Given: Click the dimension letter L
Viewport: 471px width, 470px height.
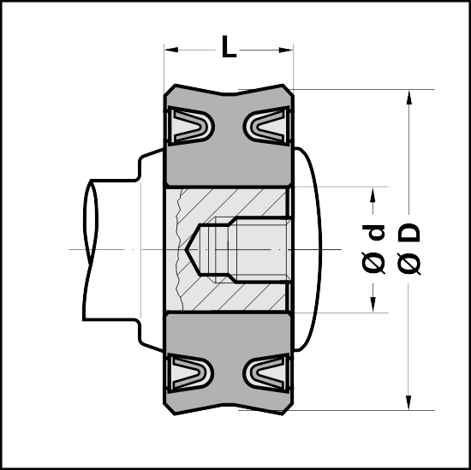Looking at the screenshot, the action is tap(229, 46).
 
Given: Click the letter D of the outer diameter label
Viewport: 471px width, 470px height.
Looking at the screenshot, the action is tap(408, 233).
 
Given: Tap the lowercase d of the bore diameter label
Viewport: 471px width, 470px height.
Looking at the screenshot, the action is tap(373, 233).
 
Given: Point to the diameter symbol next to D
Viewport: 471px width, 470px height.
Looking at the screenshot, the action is tap(408, 264).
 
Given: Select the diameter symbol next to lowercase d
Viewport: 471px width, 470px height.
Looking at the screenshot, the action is tap(373, 263).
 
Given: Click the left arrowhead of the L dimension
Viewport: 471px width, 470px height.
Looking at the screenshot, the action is tap(171, 50).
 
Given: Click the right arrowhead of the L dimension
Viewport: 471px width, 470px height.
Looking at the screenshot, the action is tap(286, 50).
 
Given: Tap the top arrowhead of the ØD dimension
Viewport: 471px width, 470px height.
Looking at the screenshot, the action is tap(408, 97).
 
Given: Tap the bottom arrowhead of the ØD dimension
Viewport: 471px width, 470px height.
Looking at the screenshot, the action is tap(408, 402).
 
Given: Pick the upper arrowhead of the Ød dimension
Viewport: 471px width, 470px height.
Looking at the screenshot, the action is tap(373, 194).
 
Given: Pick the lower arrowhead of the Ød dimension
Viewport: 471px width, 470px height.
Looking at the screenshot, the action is tap(373, 305).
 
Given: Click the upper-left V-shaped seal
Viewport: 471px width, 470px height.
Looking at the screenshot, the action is tap(190, 126).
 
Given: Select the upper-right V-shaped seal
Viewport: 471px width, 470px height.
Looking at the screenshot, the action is tap(266, 126).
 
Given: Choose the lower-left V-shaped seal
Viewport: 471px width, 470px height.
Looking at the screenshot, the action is tap(190, 372).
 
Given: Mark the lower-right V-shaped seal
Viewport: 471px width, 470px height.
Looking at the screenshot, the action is tap(266, 372).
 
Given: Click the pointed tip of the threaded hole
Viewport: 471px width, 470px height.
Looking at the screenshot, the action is tap(185, 249).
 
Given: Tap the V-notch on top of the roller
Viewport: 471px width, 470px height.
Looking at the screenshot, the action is tap(229, 93).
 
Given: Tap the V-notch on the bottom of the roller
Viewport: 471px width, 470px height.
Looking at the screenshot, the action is tap(229, 405).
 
